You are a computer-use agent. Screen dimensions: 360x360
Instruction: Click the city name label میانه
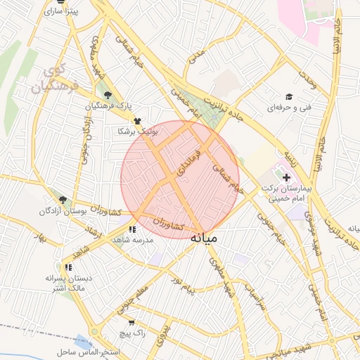(x=204, y=238)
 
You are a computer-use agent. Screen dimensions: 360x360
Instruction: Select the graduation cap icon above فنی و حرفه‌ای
(x=288, y=96)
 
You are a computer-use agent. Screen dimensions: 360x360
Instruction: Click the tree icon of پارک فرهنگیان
(x=108, y=95)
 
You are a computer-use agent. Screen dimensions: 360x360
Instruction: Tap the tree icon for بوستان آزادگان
(x=63, y=200)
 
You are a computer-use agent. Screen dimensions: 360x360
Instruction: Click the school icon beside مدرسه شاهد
(x=132, y=229)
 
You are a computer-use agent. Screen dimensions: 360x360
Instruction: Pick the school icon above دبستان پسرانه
(x=68, y=267)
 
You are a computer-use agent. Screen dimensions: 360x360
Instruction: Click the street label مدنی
(x=198, y=57)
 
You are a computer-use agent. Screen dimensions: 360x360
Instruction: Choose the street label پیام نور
(x=168, y=288)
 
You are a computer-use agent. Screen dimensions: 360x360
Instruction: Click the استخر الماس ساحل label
(x=91, y=351)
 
